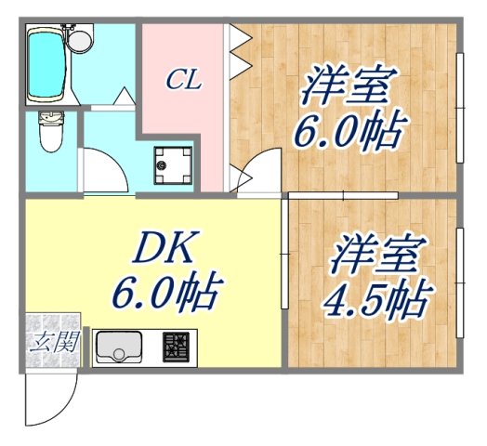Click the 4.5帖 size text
pos(375,299)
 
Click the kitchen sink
pos(120,348)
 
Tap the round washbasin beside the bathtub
pos(82,40)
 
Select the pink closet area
pos(181,121)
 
